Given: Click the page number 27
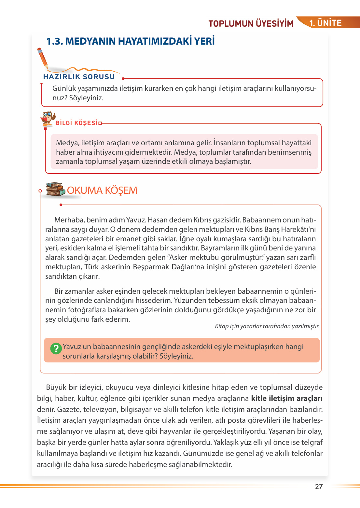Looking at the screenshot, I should [319, 487].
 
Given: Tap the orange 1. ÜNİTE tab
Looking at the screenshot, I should [325, 23].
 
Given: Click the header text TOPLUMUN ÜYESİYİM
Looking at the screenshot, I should [251, 24].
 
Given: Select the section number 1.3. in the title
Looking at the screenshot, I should [55, 41].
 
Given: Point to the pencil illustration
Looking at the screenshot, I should [43, 58].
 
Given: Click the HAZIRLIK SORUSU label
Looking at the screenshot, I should [79, 77].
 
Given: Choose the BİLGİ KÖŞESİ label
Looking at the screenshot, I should [76, 123].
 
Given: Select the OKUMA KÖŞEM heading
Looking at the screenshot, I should [102, 190].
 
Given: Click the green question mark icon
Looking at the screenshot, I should [56, 348].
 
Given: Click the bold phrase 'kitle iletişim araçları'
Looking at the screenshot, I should [286, 398].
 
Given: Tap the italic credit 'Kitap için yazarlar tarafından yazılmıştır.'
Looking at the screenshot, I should [267, 326].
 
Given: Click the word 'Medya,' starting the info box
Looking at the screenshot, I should [67, 143].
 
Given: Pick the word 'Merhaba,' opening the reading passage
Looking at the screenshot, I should [69, 220].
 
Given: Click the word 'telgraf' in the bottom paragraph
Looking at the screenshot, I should [312, 442].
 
